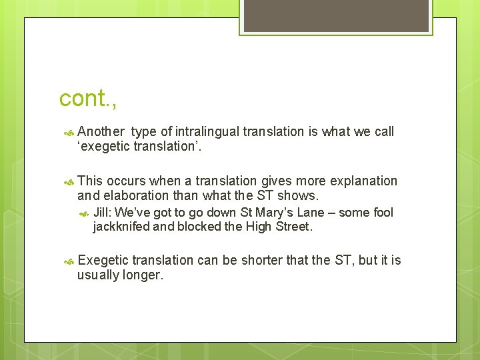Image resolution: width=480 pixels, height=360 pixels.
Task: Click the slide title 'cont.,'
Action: [88, 98]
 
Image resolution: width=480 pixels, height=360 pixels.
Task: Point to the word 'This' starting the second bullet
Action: [90, 181]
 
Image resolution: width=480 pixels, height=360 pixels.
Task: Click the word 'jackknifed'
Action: [121, 227]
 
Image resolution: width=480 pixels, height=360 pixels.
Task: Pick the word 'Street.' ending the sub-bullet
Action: [293, 227]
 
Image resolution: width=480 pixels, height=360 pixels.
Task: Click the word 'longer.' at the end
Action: [143, 275]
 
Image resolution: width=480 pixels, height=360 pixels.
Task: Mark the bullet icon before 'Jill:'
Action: [84, 213]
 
